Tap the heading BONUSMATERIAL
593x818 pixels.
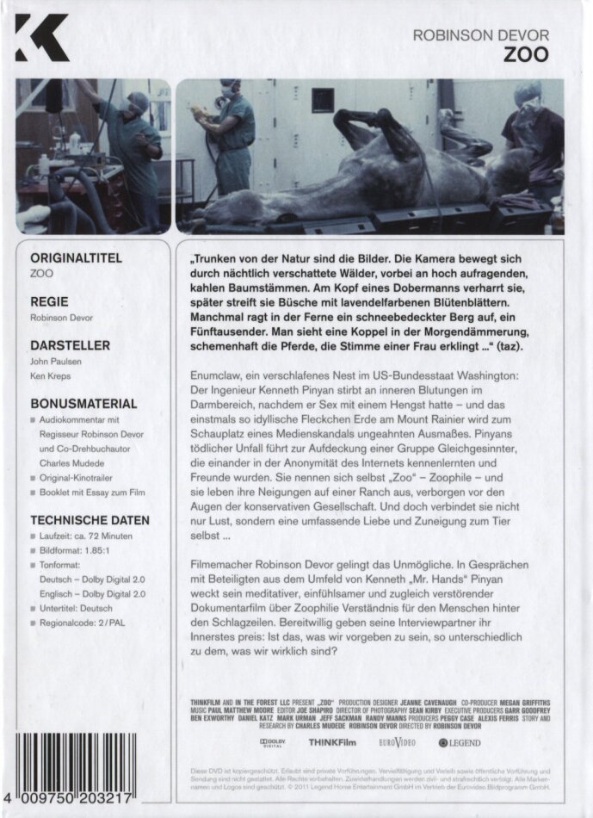(x=83, y=402)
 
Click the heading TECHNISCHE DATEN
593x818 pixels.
(x=90, y=520)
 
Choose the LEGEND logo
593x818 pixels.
(x=460, y=741)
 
